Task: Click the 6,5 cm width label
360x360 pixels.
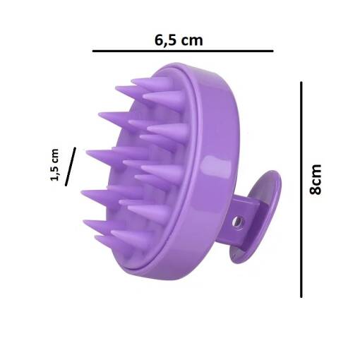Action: point(178,40)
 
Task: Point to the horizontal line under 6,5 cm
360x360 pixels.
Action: point(182,52)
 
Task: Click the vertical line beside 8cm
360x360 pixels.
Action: point(301,189)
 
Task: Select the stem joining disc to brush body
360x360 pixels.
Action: point(244,219)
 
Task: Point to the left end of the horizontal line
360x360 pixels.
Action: point(93,52)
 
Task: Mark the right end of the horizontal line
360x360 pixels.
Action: point(272,52)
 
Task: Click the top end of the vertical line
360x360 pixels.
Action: point(301,83)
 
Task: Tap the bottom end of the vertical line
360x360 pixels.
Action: point(301,297)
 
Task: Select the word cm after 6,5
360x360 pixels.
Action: point(191,40)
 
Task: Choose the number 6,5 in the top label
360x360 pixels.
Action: point(164,40)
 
